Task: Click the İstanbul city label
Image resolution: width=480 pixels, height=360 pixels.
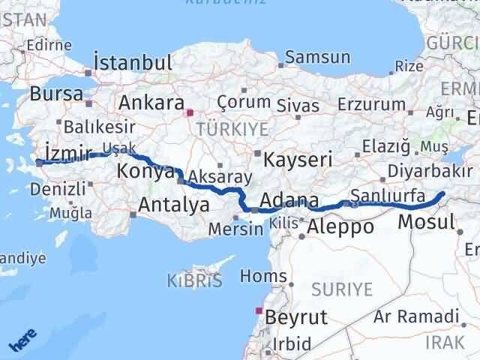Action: (x=133, y=62)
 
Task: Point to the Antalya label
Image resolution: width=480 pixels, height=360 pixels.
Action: (x=173, y=203)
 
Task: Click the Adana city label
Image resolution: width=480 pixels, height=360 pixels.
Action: (x=289, y=201)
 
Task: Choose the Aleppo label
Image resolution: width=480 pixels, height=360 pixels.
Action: (x=341, y=226)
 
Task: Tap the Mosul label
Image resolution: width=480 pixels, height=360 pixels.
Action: (x=426, y=222)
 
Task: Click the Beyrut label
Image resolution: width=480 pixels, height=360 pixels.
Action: (x=297, y=317)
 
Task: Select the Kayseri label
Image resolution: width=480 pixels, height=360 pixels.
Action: (x=293, y=159)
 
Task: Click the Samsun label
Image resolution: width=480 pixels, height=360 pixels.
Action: (x=318, y=57)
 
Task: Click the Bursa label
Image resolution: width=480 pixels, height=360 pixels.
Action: (x=56, y=95)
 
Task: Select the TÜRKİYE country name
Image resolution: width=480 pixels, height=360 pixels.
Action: (x=232, y=129)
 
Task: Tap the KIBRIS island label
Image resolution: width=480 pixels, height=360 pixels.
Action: (x=194, y=281)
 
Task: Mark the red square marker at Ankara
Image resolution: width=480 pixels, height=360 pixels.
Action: (x=190, y=113)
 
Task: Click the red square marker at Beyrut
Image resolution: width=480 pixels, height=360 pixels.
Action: (x=259, y=310)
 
